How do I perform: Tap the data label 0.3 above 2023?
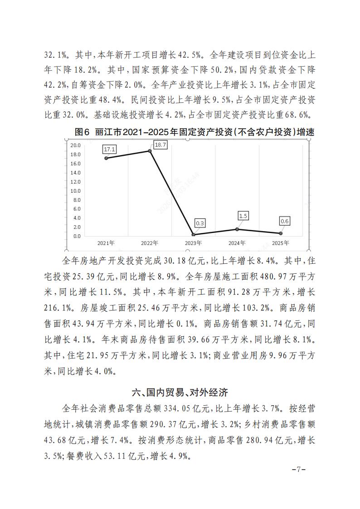[x=200, y=223]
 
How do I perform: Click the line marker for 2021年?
[x=106, y=158]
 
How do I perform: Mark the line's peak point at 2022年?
[x=150, y=151]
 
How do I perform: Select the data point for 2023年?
[x=194, y=234]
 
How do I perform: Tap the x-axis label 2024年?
[x=237, y=243]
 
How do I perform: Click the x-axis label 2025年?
[x=280, y=243]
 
